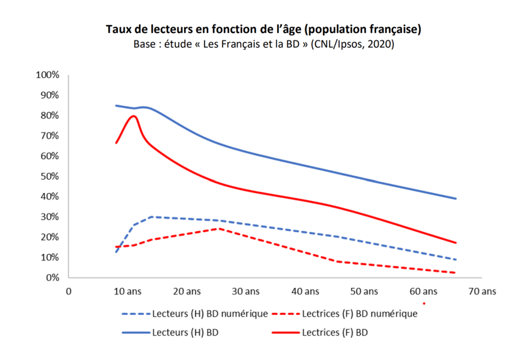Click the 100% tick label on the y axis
pos(48,75)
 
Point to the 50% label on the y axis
pos(50,176)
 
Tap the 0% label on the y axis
pos(52,278)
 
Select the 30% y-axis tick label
pos(50,217)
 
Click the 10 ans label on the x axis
pos(127,292)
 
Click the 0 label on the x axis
pos(69,292)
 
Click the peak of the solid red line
pos(134,116)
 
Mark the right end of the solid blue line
pos(456,199)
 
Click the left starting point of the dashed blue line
pos(116,252)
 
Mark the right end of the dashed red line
pos(456,273)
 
